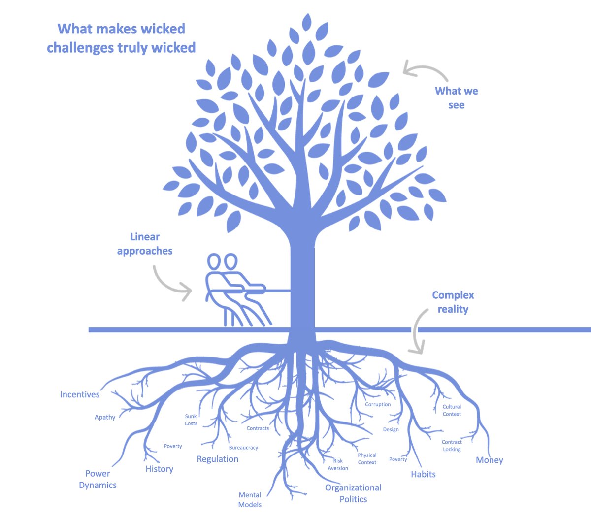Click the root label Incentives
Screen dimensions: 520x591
(79, 394)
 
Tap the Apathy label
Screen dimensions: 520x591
(105, 417)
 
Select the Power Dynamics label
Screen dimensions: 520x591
(98, 479)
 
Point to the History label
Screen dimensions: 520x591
(159, 469)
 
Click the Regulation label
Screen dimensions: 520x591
(217, 459)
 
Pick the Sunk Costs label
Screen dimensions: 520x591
(191, 420)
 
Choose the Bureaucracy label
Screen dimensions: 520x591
(243, 448)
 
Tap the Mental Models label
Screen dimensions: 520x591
(250, 499)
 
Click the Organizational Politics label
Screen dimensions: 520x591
(353, 493)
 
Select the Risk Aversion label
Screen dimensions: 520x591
(338, 464)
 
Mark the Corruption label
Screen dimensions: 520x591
(378, 404)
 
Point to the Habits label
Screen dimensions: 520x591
(423, 474)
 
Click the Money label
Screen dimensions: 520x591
(489, 460)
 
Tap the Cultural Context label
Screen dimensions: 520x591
(452, 410)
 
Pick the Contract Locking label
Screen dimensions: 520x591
(452, 445)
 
